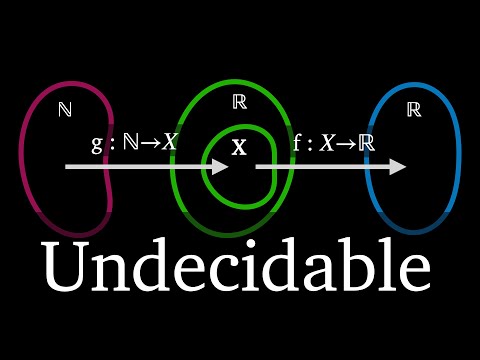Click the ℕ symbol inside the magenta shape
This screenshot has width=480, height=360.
point(65,109)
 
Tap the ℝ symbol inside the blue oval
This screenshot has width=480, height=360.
point(414,110)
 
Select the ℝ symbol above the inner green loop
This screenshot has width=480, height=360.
point(240,102)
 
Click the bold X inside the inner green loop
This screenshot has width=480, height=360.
point(239,147)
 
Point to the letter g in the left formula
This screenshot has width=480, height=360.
point(97,144)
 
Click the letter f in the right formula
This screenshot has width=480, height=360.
point(297,143)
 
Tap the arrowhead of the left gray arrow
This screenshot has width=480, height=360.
point(220,166)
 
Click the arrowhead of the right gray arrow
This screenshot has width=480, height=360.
point(398,166)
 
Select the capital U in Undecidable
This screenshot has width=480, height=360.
point(66,266)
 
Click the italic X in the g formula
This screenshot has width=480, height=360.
point(169,142)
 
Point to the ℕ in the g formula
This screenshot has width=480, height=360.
point(131,142)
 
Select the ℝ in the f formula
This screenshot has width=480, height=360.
point(367,143)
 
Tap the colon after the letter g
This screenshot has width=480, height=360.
point(112,144)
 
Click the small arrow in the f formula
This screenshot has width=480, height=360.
point(347,144)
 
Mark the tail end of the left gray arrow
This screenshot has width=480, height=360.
point(66,166)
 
